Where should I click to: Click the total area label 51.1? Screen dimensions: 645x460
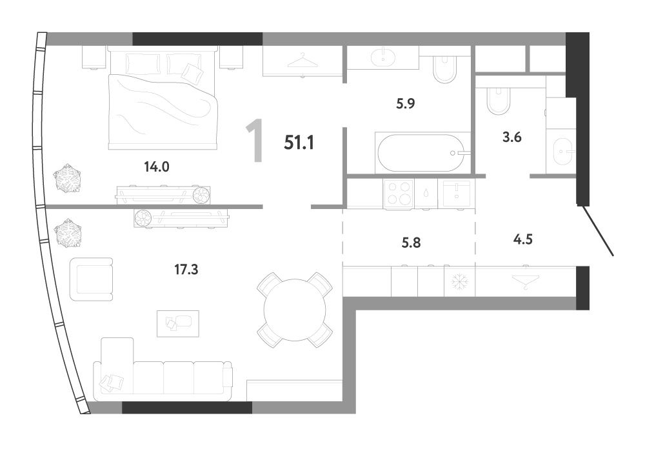click(299, 143)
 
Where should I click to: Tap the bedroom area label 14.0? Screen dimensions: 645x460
click(157, 166)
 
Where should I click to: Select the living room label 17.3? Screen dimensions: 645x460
click(186, 270)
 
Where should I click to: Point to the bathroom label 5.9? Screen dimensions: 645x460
click(405, 103)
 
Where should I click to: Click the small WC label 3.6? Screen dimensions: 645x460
click(511, 137)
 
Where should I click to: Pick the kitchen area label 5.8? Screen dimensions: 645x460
click(411, 243)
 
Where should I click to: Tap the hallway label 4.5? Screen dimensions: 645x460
click(523, 239)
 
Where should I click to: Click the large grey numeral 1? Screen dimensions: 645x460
click(255, 140)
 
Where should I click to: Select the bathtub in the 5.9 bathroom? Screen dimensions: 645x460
click(422, 153)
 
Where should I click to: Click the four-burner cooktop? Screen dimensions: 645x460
click(399, 194)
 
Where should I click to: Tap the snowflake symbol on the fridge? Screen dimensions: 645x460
click(459, 282)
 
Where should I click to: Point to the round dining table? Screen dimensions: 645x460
click(295, 310)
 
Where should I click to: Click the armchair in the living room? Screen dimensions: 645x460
click(92, 279)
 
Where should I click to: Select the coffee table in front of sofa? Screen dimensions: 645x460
click(178, 323)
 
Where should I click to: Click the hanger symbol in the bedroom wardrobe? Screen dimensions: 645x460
click(303, 61)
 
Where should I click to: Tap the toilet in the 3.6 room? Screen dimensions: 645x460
click(498, 101)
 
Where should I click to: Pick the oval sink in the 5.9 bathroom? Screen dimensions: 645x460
click(383, 57)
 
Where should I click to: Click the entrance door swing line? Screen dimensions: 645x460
click(597, 231)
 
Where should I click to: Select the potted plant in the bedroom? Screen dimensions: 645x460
click(66, 179)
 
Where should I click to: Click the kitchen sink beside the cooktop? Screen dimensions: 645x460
click(456, 194)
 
